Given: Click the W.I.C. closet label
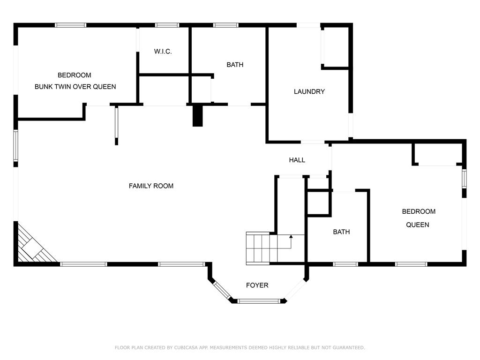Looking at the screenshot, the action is (x=163, y=52).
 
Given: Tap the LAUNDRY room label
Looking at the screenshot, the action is (x=309, y=91).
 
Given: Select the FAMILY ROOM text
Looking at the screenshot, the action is (x=151, y=186).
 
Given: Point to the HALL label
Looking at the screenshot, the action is (x=297, y=160).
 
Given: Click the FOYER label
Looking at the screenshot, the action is (x=257, y=285).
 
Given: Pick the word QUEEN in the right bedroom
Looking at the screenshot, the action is (x=418, y=225).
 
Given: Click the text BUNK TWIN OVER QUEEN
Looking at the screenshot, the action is (x=75, y=87).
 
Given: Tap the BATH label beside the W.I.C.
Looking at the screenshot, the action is (x=235, y=65).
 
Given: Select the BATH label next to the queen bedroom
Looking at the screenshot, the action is (x=341, y=232).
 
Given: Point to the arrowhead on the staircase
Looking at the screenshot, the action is (x=291, y=236).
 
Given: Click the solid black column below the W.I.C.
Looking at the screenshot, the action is (x=197, y=116).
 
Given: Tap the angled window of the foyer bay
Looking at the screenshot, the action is (x=222, y=290).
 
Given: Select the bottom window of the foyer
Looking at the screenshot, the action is (x=259, y=301).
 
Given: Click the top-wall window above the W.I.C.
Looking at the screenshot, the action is (x=167, y=25).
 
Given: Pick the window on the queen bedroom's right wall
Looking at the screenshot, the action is (x=464, y=179).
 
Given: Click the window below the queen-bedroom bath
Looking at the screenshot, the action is (x=345, y=264).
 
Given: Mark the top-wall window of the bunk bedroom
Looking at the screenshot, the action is (x=70, y=25).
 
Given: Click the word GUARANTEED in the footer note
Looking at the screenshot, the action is (x=349, y=347).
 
